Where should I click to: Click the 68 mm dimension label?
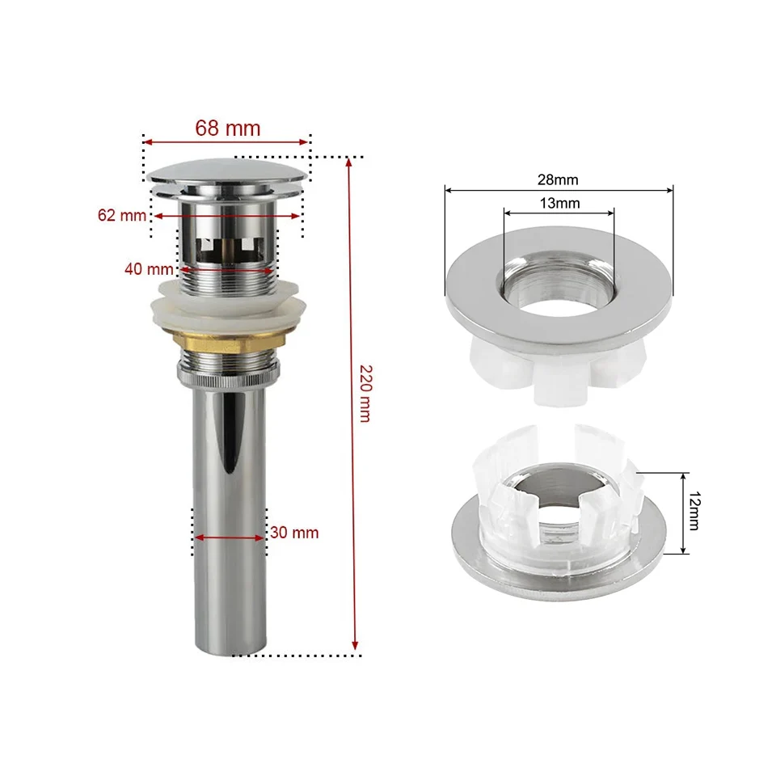point(228,129)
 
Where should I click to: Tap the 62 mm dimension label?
point(122,215)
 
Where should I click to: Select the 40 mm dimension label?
point(149,269)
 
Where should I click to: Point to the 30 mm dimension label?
point(294,533)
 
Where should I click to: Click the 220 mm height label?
point(365,394)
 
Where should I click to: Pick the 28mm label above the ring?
point(558,179)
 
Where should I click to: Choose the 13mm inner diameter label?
point(559,204)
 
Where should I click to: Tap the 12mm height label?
point(694,511)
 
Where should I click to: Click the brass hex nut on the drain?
point(230,342)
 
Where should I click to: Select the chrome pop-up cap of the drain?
point(229,177)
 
